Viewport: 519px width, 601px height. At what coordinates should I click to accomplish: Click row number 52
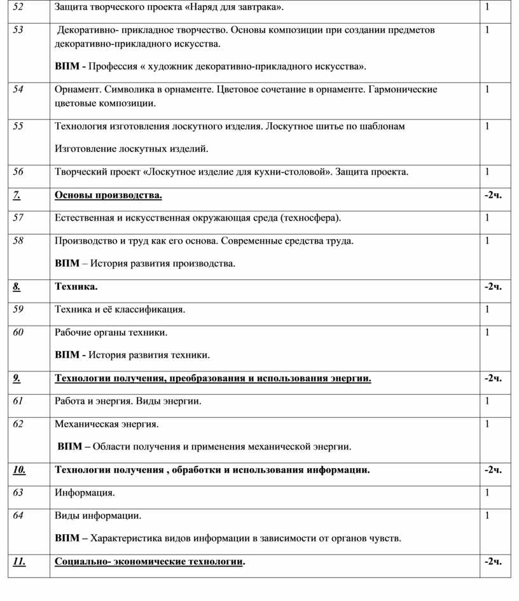[x=18, y=7]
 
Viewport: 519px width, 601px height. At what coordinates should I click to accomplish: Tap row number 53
[x=18, y=30]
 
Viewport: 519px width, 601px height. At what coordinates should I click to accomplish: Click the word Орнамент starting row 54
[x=77, y=89]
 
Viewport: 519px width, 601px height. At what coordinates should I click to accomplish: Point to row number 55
[x=18, y=126]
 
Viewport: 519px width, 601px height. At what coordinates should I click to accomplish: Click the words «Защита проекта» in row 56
[x=371, y=172]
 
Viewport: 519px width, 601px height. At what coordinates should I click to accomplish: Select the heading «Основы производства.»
[x=108, y=195]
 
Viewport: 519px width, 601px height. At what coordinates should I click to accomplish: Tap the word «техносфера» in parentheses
[x=308, y=218]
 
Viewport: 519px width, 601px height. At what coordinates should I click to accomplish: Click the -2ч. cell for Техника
[x=493, y=286]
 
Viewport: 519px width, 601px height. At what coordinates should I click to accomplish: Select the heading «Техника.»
[x=76, y=286]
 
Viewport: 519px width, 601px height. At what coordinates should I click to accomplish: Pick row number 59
[x=18, y=309]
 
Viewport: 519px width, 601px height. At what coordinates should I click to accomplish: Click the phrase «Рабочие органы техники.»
[x=111, y=332]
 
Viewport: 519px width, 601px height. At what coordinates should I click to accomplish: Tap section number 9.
[x=17, y=378]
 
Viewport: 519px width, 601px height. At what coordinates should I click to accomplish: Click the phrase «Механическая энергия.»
[x=107, y=424]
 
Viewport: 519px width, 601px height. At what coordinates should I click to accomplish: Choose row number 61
[x=18, y=401]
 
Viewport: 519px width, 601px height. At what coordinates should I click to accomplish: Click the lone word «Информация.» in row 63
[x=85, y=492]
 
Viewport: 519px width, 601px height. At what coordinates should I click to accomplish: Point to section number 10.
[x=19, y=470]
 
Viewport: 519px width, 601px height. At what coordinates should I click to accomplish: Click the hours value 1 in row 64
[x=487, y=515]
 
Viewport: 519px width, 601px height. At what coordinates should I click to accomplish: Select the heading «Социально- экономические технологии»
[x=149, y=562]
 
